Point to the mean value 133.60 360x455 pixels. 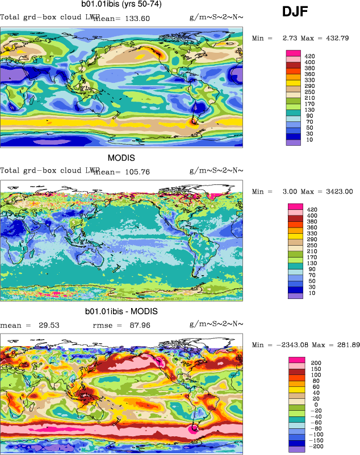click(135, 18)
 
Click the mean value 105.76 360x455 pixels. click(135, 171)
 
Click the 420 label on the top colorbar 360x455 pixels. click(309, 57)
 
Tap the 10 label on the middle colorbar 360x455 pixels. click(309, 296)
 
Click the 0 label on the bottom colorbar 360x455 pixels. click(313, 404)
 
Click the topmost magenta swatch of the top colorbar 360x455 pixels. click(294, 53)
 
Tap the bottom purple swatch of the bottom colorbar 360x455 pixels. click(296, 449)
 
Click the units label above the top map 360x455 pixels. click(216, 18)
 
